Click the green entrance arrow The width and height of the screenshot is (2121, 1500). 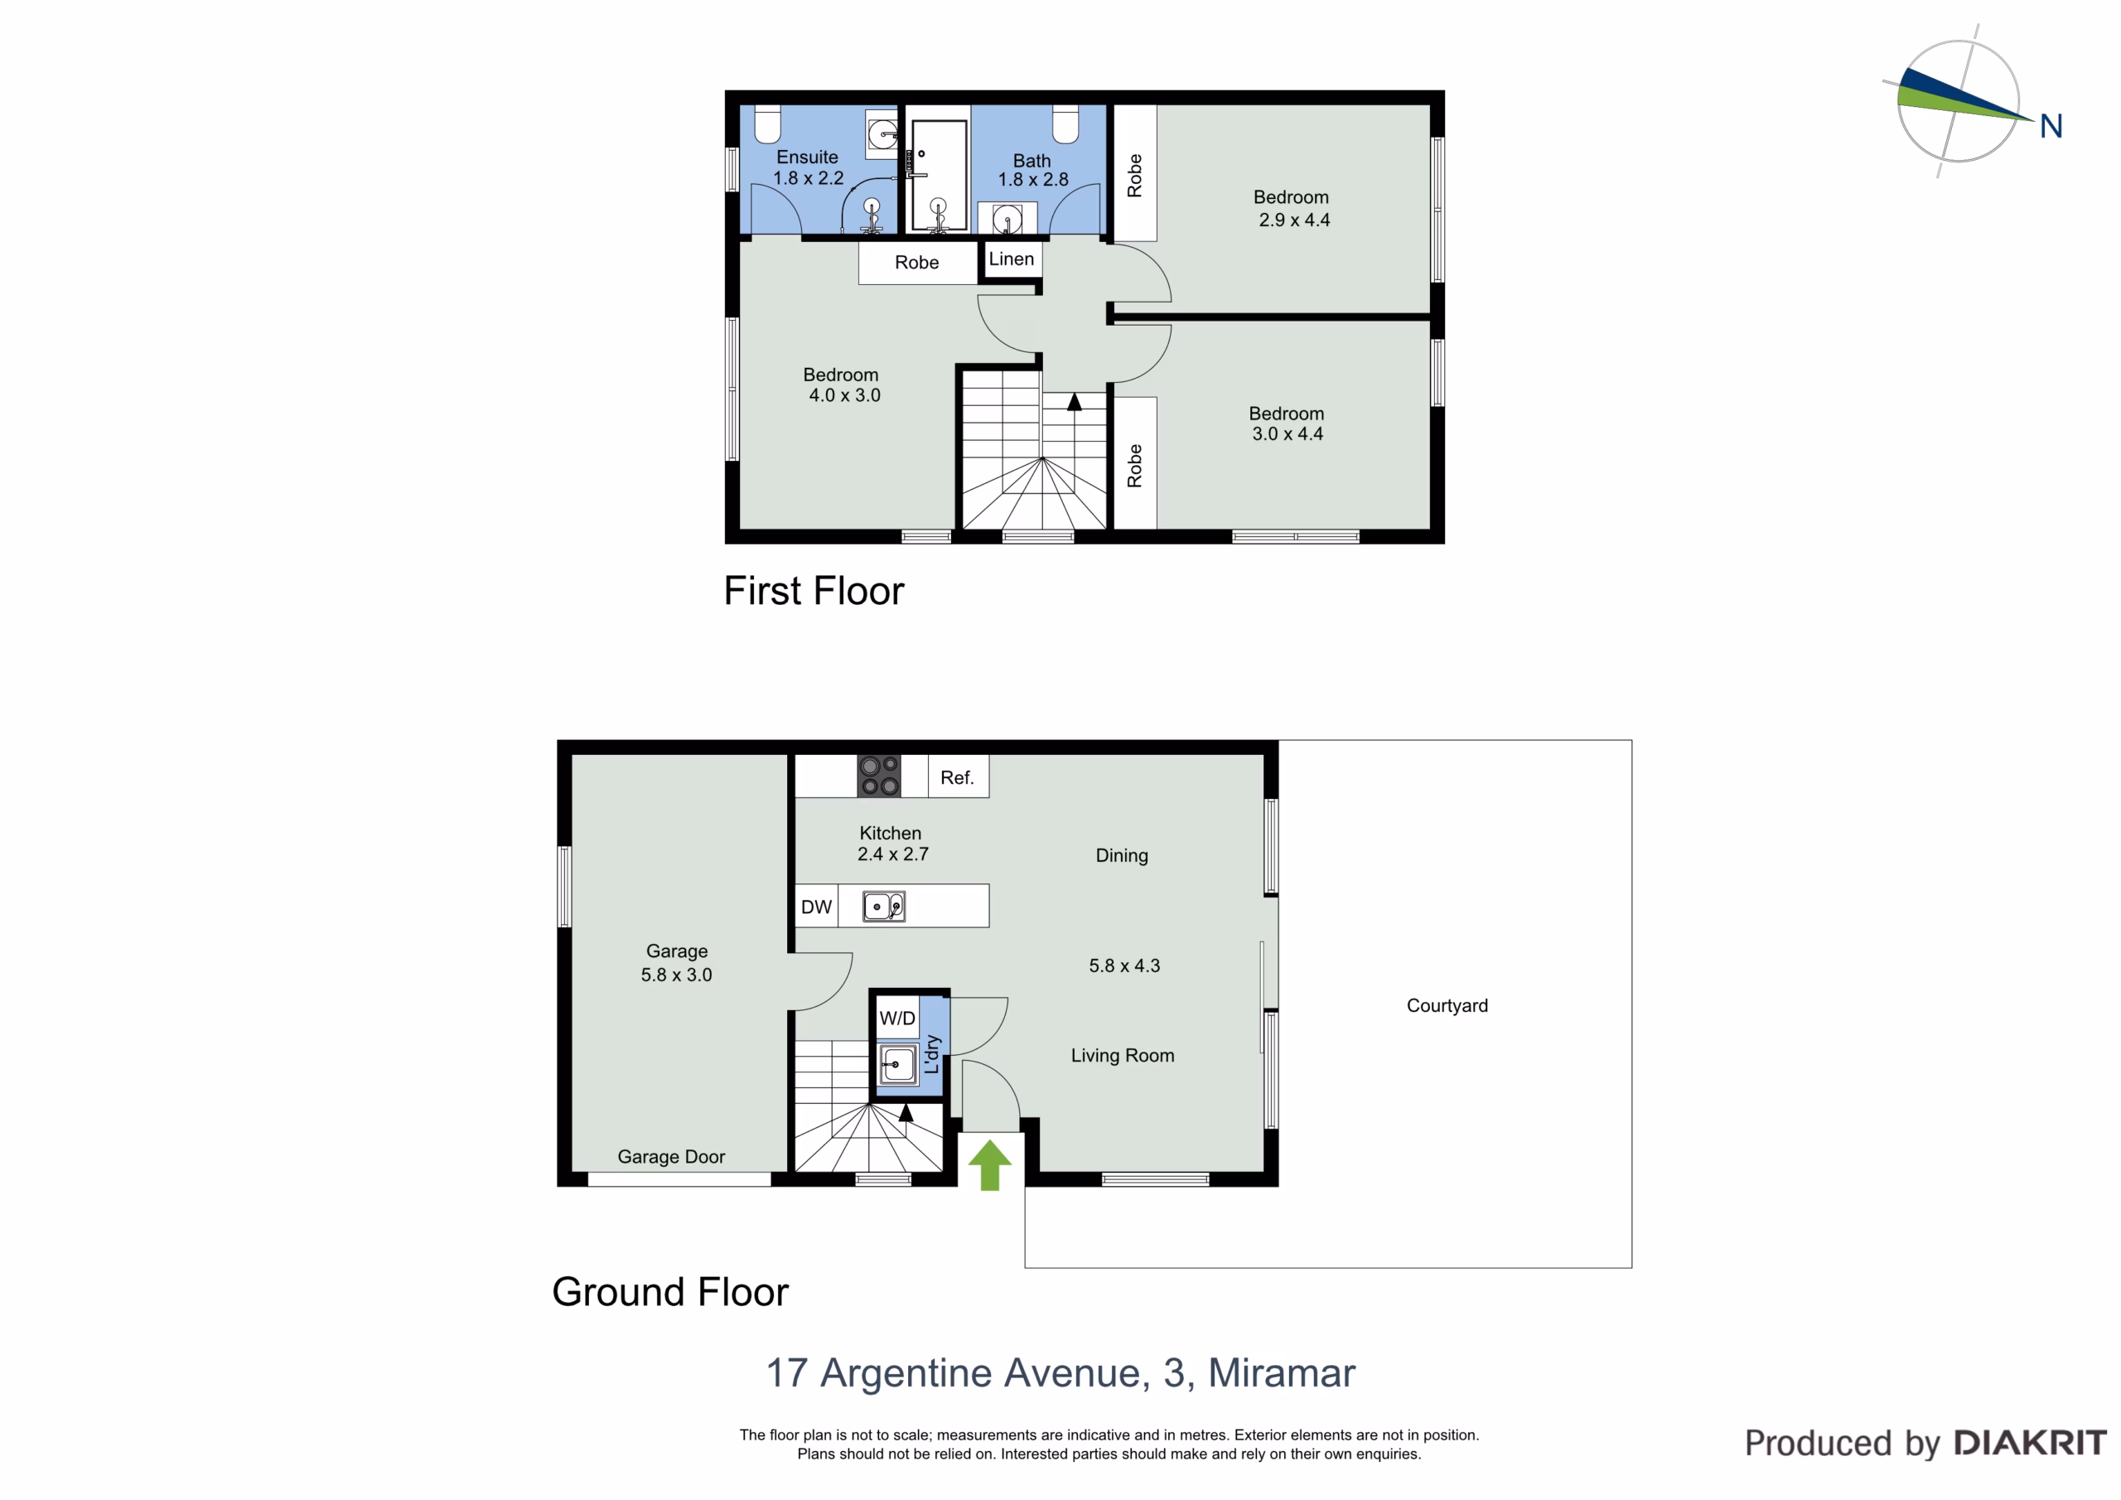989,1164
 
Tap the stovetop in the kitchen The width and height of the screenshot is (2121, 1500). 878,776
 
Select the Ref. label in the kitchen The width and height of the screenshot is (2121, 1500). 957,777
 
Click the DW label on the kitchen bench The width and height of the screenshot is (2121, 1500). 817,907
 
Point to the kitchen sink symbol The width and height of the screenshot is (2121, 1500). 884,907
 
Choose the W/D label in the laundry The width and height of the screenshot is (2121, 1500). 897,1019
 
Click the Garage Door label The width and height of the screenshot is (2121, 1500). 672,1157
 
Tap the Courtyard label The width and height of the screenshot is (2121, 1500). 1447,1005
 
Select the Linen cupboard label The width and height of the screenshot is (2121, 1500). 1012,259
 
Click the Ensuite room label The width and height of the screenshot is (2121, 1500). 807,157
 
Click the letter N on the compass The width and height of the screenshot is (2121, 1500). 2051,127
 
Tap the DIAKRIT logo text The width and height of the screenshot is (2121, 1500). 2031,1443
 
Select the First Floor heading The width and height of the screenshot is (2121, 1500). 814,591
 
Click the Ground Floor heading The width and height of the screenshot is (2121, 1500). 670,1292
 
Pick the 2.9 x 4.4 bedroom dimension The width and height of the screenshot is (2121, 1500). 1294,220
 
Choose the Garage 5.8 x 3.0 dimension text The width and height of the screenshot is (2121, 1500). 676,975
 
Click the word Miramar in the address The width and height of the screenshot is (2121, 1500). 1283,1373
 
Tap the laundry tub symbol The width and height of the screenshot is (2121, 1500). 898,1065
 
